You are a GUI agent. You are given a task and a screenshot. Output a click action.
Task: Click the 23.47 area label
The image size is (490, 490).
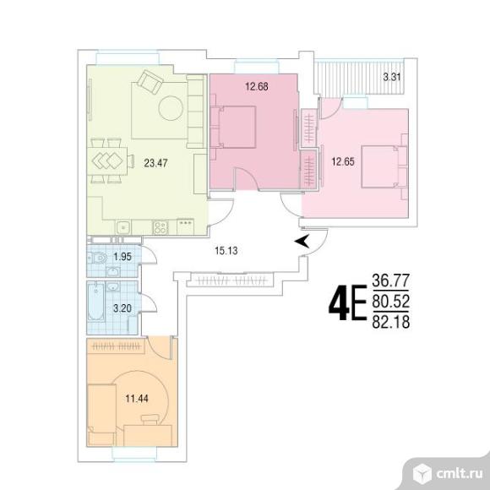[x=155, y=163]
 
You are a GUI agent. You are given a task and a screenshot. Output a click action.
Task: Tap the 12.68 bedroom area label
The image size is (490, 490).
[x=257, y=86]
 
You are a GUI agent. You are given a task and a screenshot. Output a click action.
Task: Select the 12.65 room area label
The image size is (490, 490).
[x=343, y=162]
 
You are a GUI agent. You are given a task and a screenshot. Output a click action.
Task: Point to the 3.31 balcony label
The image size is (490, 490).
[x=392, y=77]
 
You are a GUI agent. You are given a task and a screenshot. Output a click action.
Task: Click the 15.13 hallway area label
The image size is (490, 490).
[x=226, y=251]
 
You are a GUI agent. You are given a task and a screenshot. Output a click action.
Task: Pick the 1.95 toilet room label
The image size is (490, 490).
[x=122, y=257]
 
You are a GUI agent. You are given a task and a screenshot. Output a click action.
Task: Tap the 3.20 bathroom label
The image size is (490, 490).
[x=122, y=308]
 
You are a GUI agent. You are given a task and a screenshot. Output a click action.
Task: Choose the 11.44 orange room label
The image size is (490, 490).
[x=137, y=399]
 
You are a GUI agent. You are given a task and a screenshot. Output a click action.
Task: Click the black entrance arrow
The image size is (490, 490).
[x=302, y=241]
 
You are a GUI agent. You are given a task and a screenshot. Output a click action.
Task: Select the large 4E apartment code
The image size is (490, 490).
[x=347, y=302]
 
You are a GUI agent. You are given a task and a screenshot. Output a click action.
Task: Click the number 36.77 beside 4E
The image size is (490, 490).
[x=390, y=280]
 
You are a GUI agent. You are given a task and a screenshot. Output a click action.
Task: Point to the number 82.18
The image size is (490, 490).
[x=390, y=322]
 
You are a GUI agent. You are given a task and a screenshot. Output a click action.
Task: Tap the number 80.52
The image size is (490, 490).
[x=390, y=302]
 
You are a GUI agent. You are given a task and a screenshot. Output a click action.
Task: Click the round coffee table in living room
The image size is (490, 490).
[x=171, y=108]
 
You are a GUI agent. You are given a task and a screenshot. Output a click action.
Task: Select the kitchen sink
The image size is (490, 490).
[x=124, y=227]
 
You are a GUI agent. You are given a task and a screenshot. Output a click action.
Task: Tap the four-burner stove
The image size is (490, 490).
[x=161, y=227]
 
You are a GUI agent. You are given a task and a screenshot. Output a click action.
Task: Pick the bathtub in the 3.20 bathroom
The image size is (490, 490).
[x=95, y=302]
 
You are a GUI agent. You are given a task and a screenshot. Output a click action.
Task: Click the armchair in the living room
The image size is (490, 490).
[x=150, y=82]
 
